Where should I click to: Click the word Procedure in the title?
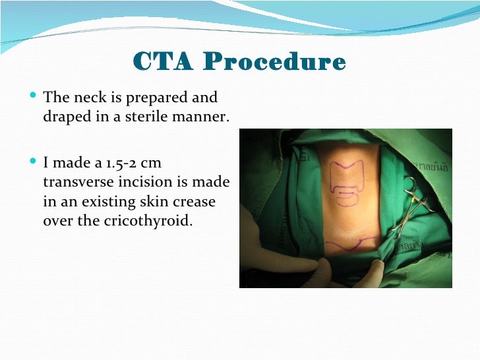pyautogui.click(x=275, y=63)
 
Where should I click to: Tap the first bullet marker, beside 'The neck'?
pyautogui.click(x=34, y=97)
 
